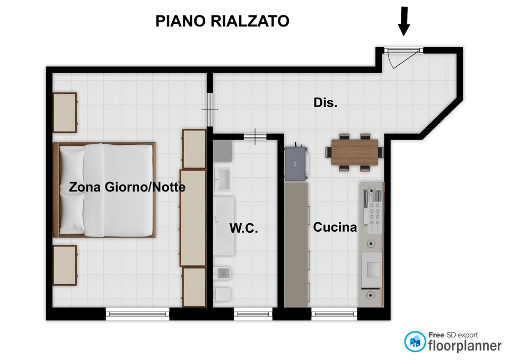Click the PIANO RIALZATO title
point(222,21)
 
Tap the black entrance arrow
point(404,21)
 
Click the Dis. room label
point(325,102)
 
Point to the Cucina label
point(335,227)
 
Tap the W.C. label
point(243,228)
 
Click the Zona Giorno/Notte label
point(127,187)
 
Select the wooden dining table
point(355,152)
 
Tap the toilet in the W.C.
point(223,294)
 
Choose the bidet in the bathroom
point(223,274)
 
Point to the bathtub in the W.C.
point(224,226)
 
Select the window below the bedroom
point(138,313)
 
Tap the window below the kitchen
point(335,313)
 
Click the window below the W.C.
point(253,313)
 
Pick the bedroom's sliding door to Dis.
point(210,110)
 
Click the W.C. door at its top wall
point(255,137)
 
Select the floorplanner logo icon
point(415,341)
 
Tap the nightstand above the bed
point(65,112)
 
